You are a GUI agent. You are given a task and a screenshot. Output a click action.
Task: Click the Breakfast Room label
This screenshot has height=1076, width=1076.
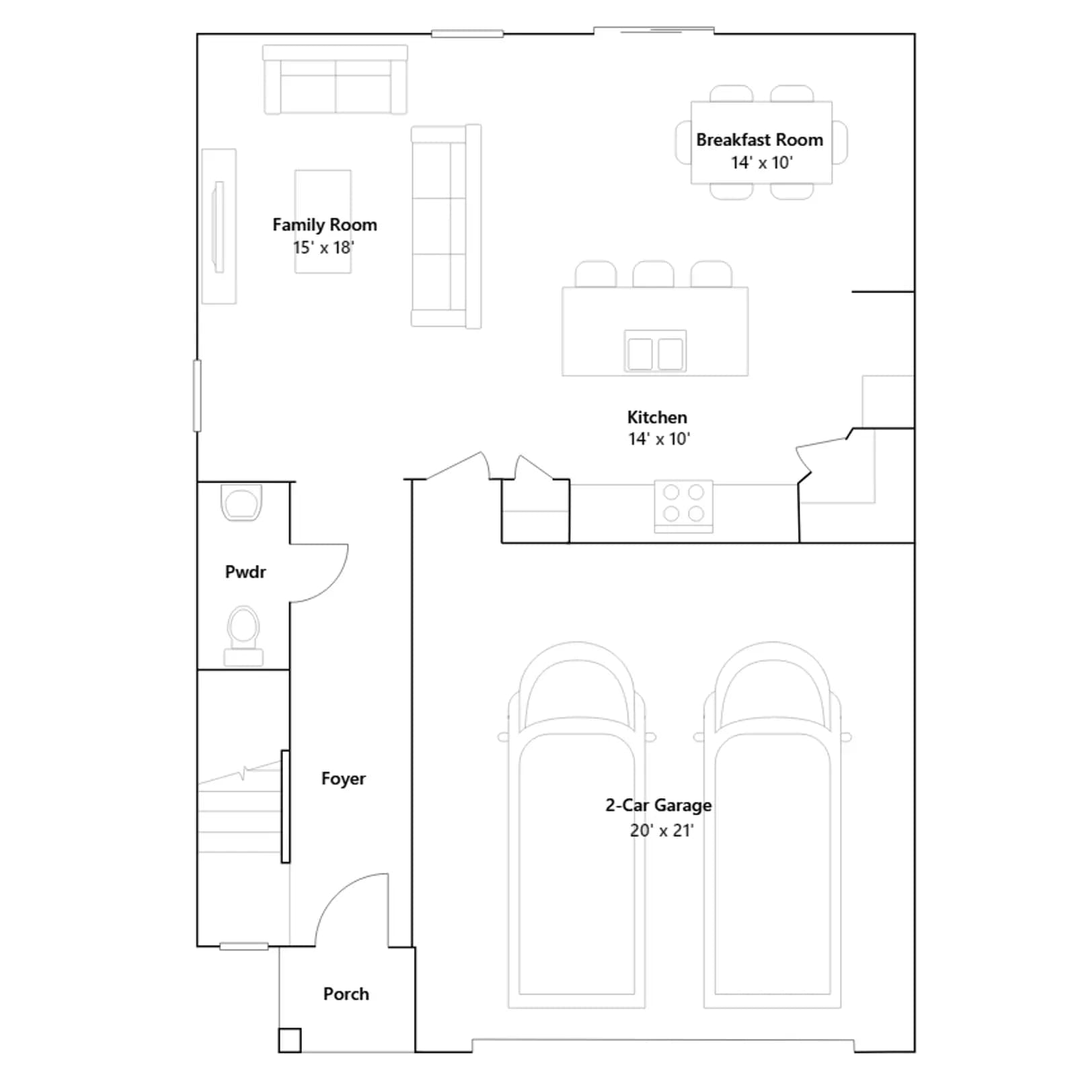(x=759, y=140)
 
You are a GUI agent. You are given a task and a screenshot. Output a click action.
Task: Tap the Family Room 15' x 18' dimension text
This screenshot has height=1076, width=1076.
(x=323, y=247)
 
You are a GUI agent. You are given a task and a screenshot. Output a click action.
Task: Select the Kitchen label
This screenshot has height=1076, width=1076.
(x=657, y=417)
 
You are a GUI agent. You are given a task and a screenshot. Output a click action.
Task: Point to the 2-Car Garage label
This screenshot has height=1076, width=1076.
(x=658, y=805)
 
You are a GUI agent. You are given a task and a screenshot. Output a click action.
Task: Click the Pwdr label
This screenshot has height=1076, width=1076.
(x=245, y=572)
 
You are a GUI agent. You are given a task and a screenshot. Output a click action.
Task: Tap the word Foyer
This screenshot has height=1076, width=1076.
(x=344, y=779)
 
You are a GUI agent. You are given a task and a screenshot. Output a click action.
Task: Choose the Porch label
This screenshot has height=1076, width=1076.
(x=346, y=994)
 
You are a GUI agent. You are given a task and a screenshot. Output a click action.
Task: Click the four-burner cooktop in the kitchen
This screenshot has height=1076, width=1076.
(x=683, y=505)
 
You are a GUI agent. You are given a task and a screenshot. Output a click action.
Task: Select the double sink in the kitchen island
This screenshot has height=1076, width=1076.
(x=655, y=351)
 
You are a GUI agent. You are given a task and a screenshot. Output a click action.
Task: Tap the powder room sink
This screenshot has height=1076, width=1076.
(x=241, y=502)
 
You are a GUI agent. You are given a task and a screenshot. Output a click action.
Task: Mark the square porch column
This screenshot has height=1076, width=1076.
(x=290, y=1040)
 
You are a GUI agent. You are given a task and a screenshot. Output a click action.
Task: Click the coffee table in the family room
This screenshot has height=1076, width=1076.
(x=323, y=221)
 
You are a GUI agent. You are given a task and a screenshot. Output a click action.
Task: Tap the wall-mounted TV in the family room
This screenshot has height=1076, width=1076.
(x=219, y=227)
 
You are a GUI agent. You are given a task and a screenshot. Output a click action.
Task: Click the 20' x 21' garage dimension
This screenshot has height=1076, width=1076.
(x=662, y=831)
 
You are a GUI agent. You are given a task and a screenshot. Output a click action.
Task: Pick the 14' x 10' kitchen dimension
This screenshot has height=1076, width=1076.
(x=659, y=439)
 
